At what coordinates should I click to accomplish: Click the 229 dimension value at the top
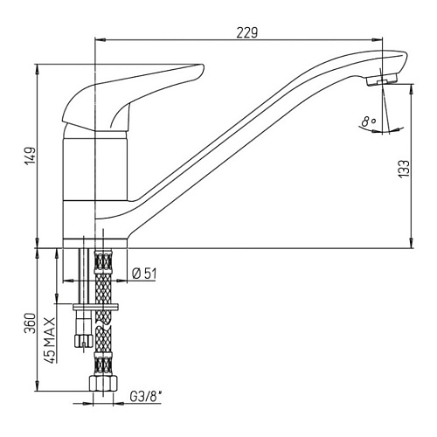(x=247, y=32)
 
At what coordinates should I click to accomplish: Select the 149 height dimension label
(x=31, y=156)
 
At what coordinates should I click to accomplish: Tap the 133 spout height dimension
(x=404, y=169)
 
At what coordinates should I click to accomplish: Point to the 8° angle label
(x=369, y=121)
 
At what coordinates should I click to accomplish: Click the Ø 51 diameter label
(x=144, y=274)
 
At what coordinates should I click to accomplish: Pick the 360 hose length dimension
(x=31, y=323)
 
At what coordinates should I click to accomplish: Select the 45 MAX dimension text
(x=50, y=340)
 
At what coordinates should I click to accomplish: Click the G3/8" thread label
(x=146, y=397)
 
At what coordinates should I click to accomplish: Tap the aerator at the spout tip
(x=382, y=80)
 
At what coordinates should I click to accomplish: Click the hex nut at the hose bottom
(x=103, y=384)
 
